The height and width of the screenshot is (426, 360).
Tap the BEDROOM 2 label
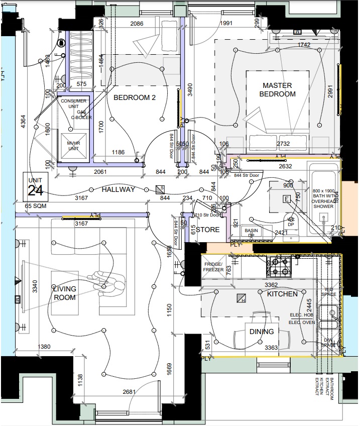point(134,97)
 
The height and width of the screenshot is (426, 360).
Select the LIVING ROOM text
point(65,293)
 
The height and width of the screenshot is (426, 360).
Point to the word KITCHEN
point(282,294)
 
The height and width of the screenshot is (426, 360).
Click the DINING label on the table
point(262,332)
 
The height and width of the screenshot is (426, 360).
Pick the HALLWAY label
point(118,190)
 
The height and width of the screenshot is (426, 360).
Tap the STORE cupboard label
point(207,230)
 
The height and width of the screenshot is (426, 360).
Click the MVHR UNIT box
point(74,146)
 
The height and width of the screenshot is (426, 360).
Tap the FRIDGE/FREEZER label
point(213,267)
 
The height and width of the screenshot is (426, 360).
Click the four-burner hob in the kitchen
point(278,266)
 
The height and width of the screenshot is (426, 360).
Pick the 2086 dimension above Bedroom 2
point(140,24)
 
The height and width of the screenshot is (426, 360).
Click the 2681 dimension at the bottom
point(129,392)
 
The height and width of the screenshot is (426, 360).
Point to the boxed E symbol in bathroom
point(287,199)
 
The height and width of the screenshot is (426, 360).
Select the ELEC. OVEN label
point(301,322)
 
